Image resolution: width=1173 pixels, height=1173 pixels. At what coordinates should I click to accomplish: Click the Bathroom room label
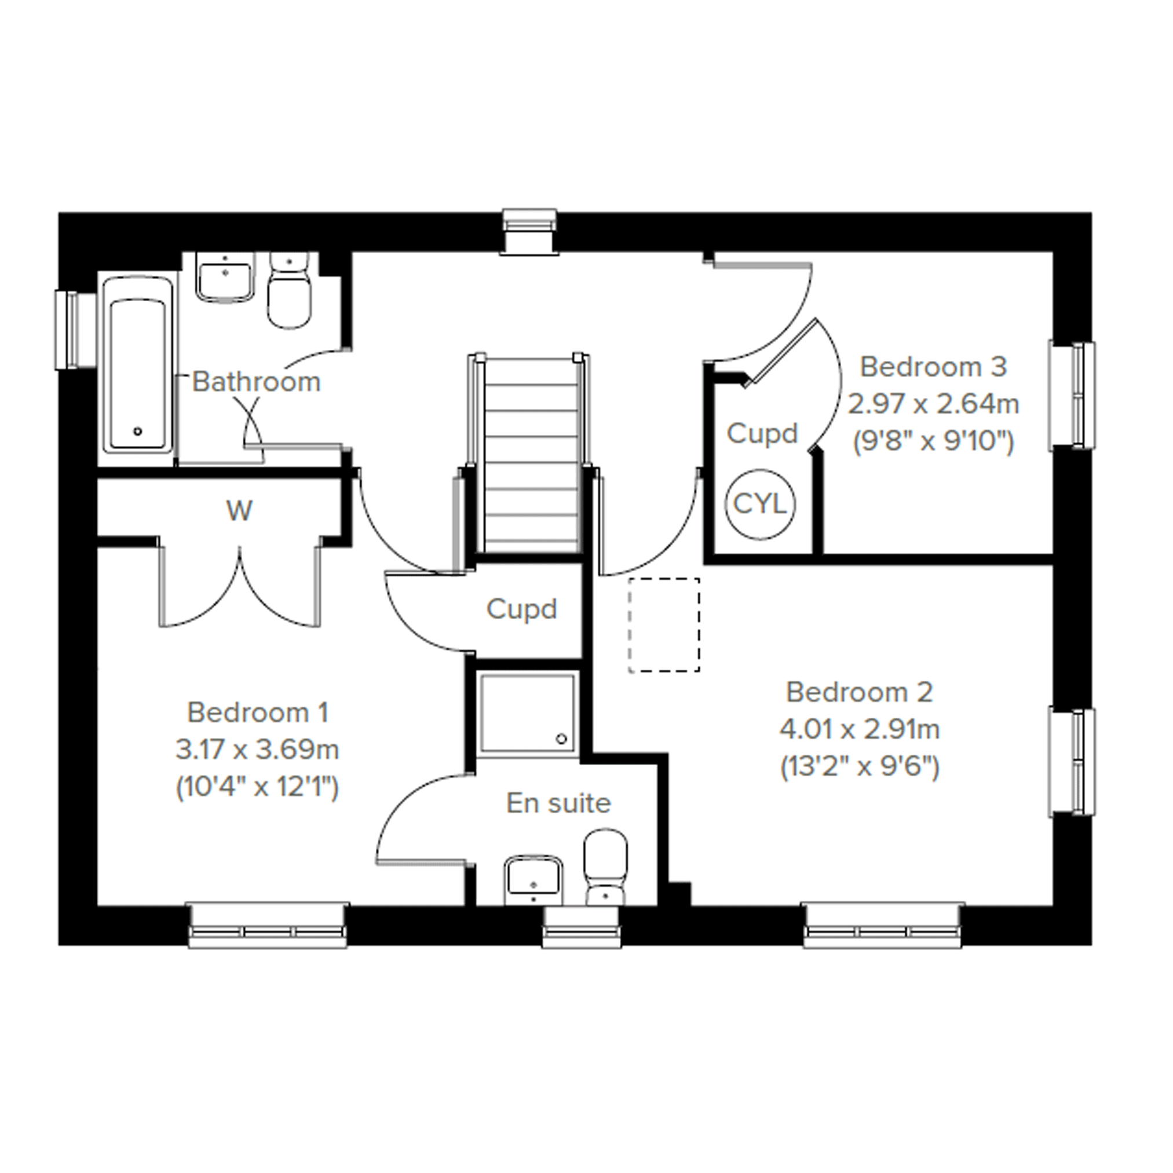click(x=256, y=382)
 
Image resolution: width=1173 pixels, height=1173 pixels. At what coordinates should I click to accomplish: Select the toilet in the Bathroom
click(x=290, y=291)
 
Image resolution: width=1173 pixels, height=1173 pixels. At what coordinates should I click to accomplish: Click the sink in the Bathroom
click(x=225, y=277)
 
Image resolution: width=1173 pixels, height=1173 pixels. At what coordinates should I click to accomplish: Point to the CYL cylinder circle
click(x=761, y=504)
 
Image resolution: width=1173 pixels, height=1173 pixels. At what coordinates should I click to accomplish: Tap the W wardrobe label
click(x=239, y=511)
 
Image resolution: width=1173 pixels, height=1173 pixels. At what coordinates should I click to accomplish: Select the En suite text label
click(x=558, y=803)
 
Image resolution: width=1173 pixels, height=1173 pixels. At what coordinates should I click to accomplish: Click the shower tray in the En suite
click(x=527, y=714)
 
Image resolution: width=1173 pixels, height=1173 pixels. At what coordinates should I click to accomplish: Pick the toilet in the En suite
click(x=605, y=868)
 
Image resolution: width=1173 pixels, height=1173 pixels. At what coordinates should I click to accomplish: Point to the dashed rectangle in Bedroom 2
click(x=664, y=626)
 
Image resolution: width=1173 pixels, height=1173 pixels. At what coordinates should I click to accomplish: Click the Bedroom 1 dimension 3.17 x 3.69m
click(x=257, y=750)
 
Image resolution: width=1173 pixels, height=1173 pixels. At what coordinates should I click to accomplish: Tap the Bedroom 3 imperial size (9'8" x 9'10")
click(x=933, y=441)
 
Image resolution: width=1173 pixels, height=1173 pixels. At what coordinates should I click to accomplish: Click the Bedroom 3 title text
click(x=933, y=367)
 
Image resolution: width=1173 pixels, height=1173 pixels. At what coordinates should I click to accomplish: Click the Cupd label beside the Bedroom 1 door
click(x=521, y=609)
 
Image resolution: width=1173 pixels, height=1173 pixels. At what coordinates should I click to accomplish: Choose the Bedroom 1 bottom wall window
click(x=268, y=926)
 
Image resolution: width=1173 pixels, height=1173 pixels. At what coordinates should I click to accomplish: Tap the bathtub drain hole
click(x=138, y=432)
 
